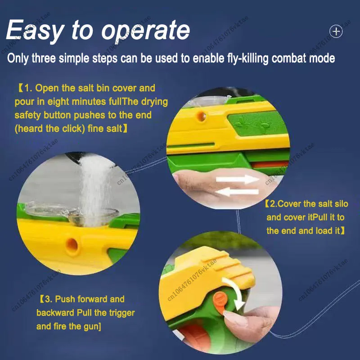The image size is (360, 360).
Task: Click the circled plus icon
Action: pos(336,31)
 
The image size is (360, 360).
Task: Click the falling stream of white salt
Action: pos(96,188)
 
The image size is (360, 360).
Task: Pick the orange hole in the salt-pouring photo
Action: pos(72,245)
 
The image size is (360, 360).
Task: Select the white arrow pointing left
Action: pos(238,192)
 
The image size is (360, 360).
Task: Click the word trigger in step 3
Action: pos(121,313)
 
